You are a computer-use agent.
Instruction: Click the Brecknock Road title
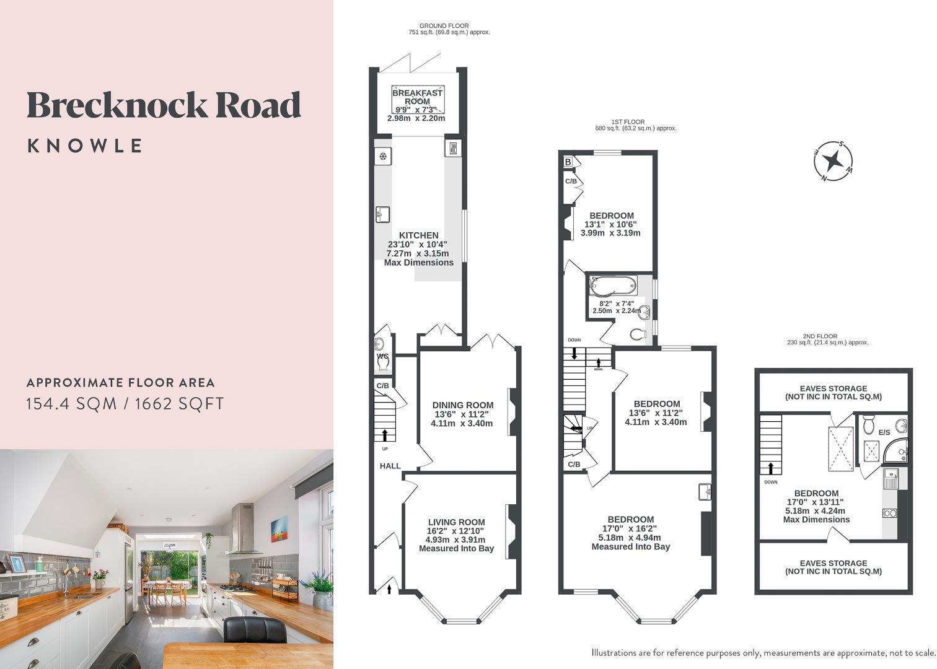click(x=164, y=105)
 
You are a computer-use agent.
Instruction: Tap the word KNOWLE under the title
click(x=85, y=146)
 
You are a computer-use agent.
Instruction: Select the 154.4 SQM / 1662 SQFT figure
click(x=125, y=404)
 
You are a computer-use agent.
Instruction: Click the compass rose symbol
click(x=833, y=161)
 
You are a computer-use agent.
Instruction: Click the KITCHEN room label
click(x=418, y=235)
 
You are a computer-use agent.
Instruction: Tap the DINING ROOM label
click(x=462, y=405)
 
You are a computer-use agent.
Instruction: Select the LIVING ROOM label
click(x=456, y=522)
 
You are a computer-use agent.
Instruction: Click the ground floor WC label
click(x=382, y=357)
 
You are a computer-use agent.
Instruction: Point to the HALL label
click(x=390, y=466)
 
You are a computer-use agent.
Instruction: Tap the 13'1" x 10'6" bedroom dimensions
click(x=610, y=224)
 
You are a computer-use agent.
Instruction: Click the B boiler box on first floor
click(x=568, y=162)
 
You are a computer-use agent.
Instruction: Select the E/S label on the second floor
click(x=884, y=432)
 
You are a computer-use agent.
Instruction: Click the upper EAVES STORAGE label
click(x=833, y=392)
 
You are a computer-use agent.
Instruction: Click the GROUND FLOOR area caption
click(x=444, y=28)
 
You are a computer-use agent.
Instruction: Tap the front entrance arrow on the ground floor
click(x=390, y=586)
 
